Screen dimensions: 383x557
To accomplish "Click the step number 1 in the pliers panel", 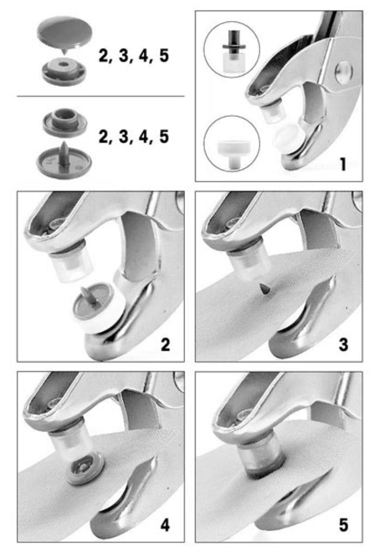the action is pyautogui.click(x=343, y=164).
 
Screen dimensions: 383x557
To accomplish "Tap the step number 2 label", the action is pyautogui.click(x=165, y=345).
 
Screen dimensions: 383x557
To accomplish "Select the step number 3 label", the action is pyautogui.click(x=343, y=345).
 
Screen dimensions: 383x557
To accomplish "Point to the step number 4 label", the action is pyautogui.click(x=165, y=525).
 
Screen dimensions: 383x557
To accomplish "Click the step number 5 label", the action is pyautogui.click(x=343, y=525).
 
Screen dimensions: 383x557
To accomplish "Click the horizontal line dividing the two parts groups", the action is pyautogui.click(x=100, y=96).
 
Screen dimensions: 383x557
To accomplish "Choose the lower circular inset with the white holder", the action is pyautogui.click(x=232, y=144).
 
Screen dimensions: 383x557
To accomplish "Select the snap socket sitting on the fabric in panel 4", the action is pyautogui.click(x=85, y=470).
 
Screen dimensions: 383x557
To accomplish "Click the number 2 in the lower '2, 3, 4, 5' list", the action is pyautogui.click(x=104, y=137).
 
